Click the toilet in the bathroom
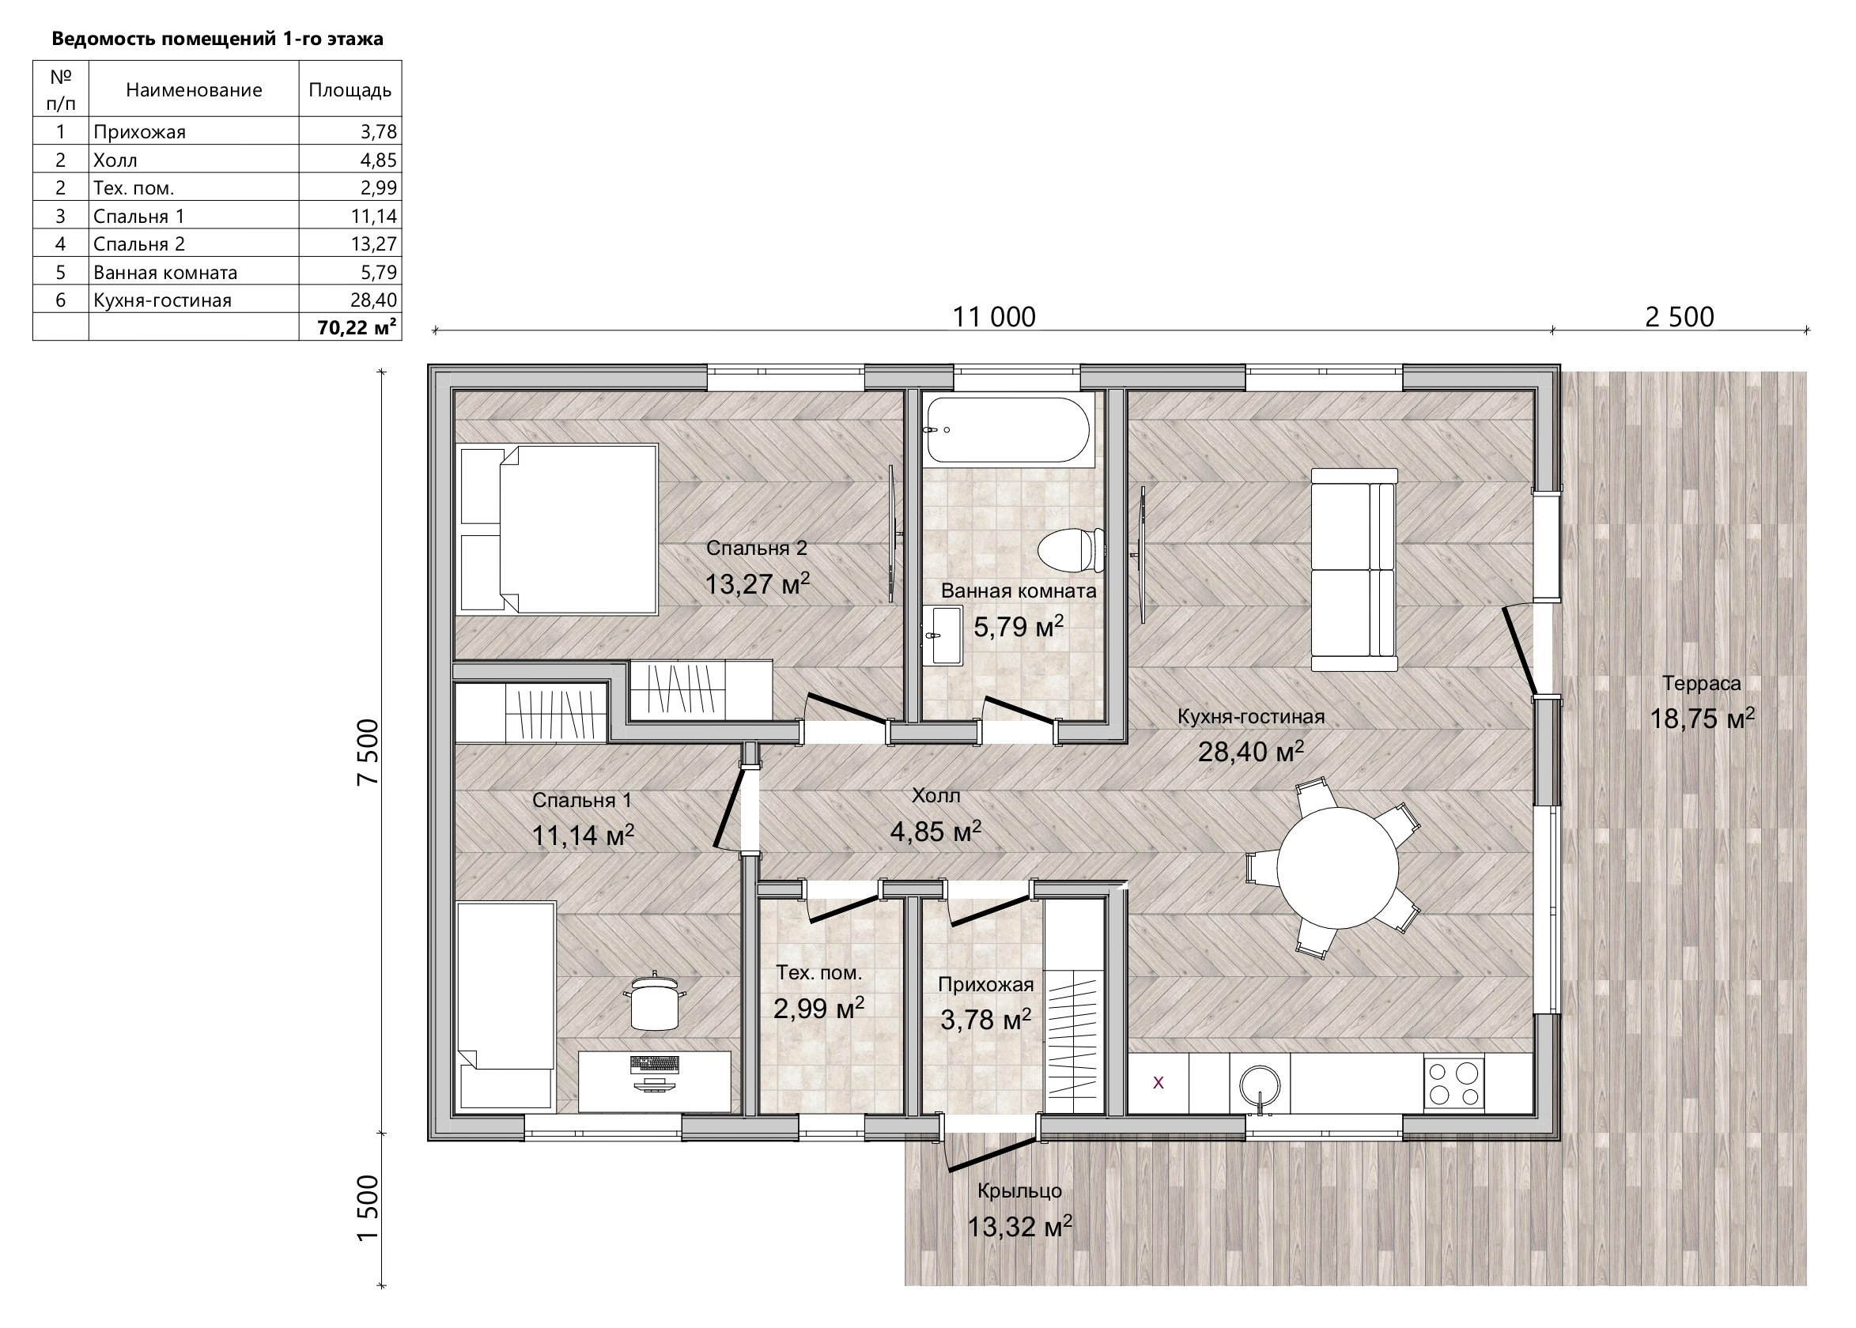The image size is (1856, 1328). pos(1072,549)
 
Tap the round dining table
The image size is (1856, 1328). pos(1337,868)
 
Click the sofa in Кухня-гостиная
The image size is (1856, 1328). pos(1354,570)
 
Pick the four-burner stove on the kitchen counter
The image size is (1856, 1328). pos(1454,1084)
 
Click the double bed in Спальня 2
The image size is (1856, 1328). pos(558,529)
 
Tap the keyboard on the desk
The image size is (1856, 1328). pos(655,1065)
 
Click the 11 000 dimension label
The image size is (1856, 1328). pos(994,316)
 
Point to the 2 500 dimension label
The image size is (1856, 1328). pos(1680,316)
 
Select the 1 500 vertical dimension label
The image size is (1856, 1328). pos(369,1208)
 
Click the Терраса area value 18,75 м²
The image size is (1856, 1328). pos(1702,718)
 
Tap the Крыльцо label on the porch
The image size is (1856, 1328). pos(1019,1190)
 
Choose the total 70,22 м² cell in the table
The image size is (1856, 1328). pos(357,328)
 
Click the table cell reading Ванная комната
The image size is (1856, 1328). pos(165,272)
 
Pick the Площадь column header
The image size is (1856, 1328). pos(350,90)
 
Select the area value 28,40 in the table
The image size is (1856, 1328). pos(373,300)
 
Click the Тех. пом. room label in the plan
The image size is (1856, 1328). pos(818,973)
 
